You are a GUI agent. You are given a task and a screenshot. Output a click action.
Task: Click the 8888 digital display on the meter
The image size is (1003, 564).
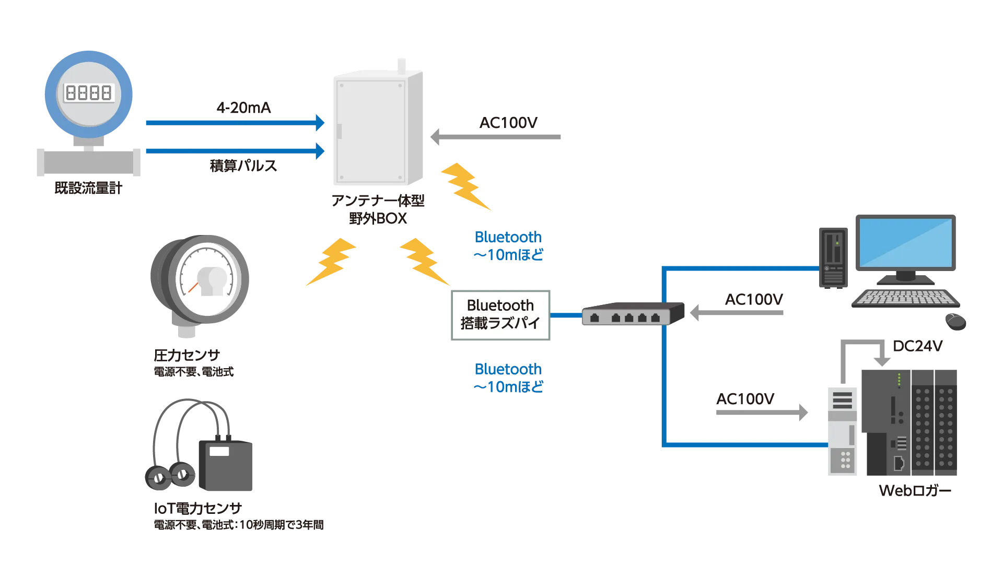coord(88,93)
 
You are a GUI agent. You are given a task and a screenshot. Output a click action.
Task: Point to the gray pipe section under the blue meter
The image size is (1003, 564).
coord(87,163)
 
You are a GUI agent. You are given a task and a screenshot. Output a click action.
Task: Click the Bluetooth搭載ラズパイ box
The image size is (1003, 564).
coord(499,315)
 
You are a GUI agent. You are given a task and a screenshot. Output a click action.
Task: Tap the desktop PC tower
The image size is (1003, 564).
coord(833,258)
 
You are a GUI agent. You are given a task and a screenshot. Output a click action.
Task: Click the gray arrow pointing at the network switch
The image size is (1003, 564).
coord(737,313)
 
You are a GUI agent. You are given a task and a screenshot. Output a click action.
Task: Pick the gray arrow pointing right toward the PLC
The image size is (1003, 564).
coord(762,413)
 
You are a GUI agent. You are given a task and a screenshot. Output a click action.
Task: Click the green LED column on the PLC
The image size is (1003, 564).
coord(899,380)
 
